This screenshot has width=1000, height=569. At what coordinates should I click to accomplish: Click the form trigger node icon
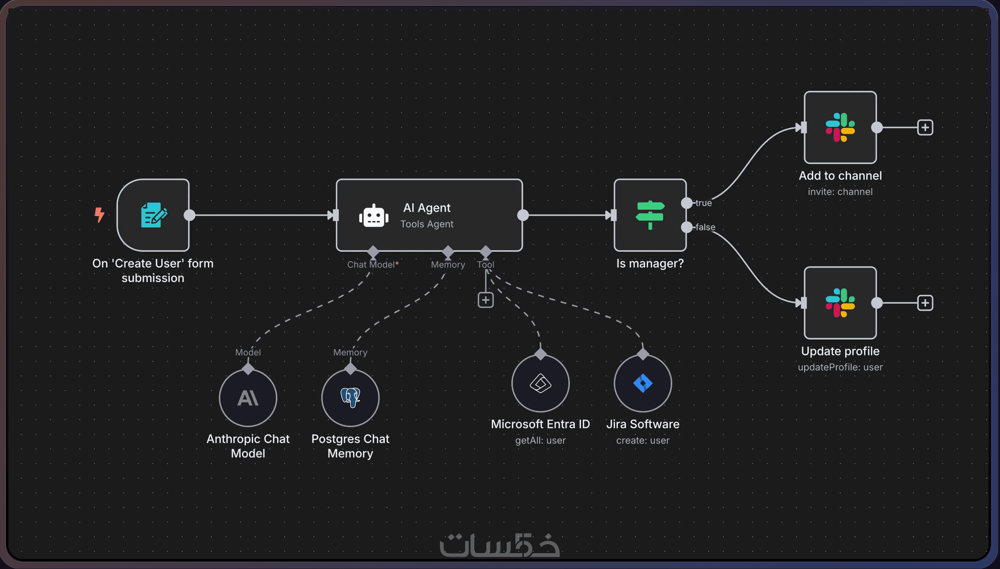[153, 215]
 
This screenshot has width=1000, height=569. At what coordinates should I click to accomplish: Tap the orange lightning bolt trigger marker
[99, 215]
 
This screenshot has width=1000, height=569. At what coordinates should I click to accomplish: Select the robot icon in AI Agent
[374, 216]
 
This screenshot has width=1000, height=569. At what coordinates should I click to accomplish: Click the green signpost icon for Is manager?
[650, 215]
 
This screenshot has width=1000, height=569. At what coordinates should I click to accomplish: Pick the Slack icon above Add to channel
[840, 127]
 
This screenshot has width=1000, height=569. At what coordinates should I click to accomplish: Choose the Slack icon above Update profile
[840, 303]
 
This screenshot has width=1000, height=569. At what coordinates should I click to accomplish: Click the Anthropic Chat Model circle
[248, 398]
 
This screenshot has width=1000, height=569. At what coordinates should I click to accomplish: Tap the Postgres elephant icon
[350, 398]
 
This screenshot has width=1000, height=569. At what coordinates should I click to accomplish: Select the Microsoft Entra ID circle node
[540, 383]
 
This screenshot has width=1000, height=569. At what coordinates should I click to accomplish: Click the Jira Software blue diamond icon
[643, 383]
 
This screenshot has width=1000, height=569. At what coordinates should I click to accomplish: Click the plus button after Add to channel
[925, 127]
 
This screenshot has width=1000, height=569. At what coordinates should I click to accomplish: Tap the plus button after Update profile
[925, 303]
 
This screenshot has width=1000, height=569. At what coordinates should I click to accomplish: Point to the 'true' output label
[703, 203]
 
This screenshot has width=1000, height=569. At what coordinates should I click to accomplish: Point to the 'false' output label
[705, 227]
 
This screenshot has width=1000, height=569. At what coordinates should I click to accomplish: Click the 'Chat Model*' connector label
[373, 265]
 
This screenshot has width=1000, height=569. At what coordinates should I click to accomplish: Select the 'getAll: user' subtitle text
[540, 440]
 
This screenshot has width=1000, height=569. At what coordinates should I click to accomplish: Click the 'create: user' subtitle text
[642, 440]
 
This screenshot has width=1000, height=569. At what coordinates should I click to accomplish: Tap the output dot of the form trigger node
[189, 215]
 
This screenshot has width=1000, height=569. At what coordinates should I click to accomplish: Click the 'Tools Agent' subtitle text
[427, 224]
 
